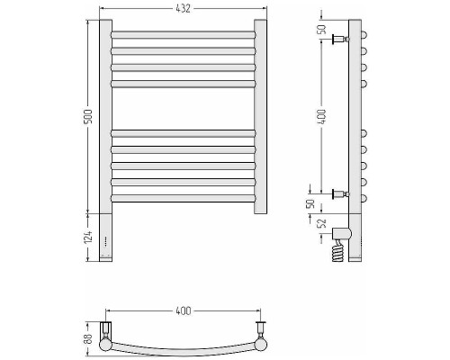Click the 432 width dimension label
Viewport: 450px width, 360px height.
click(183, 8)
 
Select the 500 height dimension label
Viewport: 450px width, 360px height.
click(88, 117)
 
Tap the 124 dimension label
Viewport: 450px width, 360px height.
click(88, 237)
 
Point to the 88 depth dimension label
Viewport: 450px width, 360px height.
click(88, 338)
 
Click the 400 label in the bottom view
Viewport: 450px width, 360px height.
click(183, 310)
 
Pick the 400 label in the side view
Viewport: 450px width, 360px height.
click(321, 117)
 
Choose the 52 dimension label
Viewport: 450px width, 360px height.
click(321, 223)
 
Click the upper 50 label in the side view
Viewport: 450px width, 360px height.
click(321, 30)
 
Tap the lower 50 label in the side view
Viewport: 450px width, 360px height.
click(310, 203)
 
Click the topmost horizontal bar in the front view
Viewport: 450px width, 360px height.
click(184, 35)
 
